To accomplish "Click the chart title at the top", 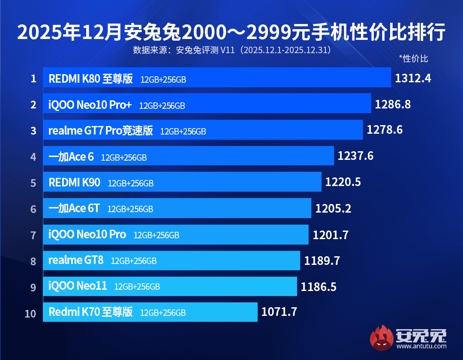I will [231, 33].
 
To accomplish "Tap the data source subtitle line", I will [231, 50].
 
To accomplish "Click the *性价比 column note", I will [413, 59].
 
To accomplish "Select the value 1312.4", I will [413, 78].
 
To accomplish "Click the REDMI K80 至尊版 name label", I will [90, 79].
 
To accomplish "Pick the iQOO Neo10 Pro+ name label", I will [90, 105].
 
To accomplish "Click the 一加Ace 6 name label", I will [71, 157].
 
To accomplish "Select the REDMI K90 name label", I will [75, 183].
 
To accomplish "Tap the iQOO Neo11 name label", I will [78, 286].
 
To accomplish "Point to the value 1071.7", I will [279, 312].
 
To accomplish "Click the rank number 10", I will [30, 313].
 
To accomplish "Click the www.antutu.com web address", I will [424, 346].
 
